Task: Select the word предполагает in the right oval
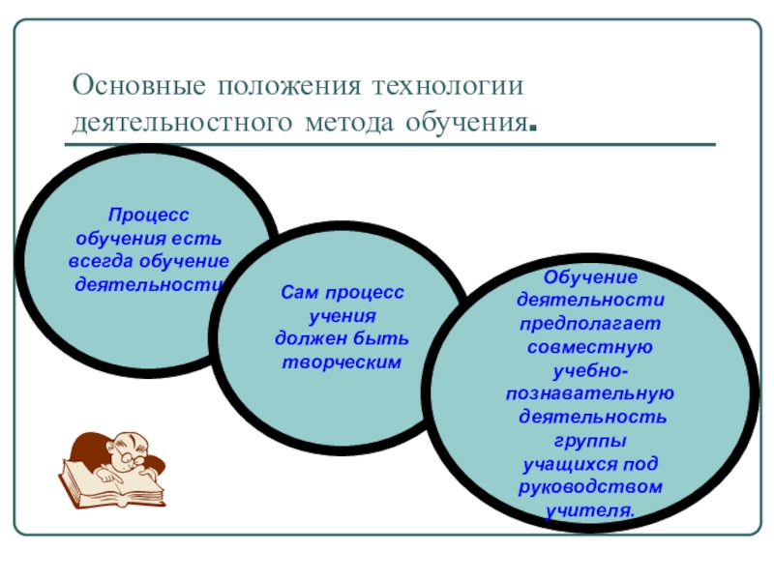click(589, 322)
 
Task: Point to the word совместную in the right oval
click(589, 345)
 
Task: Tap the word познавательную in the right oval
click(589, 393)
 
